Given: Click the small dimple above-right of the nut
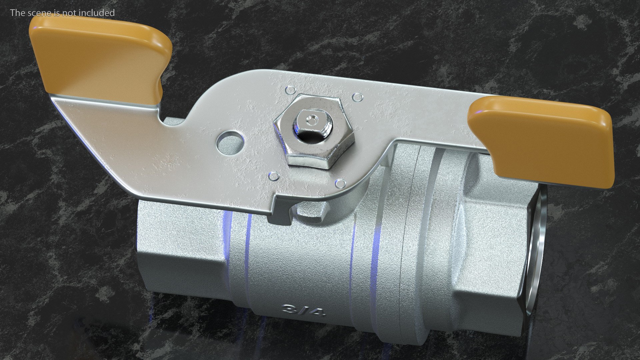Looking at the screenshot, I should click(357, 97).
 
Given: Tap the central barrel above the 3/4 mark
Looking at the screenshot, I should click(300, 260).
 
